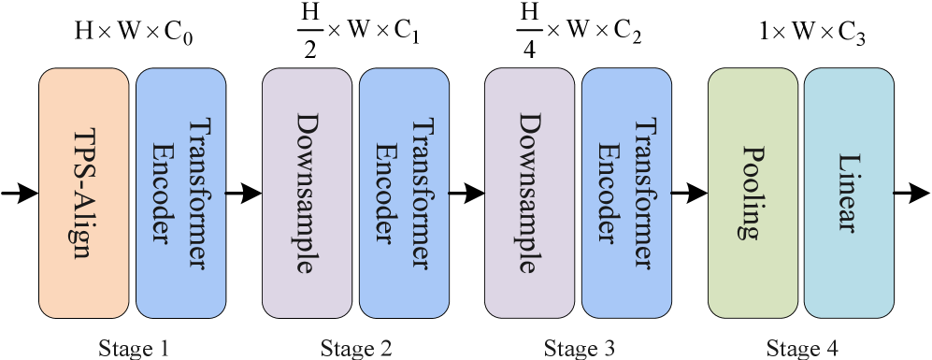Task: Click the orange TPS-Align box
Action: click(83, 193)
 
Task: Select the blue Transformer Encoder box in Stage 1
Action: click(180, 193)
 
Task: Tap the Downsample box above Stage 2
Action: click(307, 193)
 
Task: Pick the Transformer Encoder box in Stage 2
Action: click(404, 193)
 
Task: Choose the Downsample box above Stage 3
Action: click(529, 193)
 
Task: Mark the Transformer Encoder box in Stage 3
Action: click(626, 193)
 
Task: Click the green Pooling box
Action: click(753, 193)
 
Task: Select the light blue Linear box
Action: click(849, 193)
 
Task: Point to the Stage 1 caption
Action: click(134, 349)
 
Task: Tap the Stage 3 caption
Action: click(580, 349)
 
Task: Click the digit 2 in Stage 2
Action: click(385, 349)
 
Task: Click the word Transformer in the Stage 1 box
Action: click(196, 193)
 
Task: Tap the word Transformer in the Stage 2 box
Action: click(420, 193)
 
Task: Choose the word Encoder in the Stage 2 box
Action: click(386, 193)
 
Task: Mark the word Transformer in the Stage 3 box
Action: click(642, 193)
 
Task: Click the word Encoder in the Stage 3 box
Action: click(609, 193)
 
